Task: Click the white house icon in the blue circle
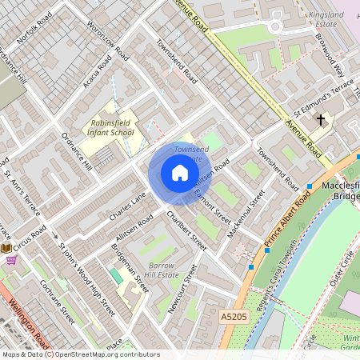pyautogui.click(x=180, y=173)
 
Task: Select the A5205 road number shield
pyautogui.click(x=234, y=318)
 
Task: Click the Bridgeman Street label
pyautogui.click(x=131, y=272)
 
